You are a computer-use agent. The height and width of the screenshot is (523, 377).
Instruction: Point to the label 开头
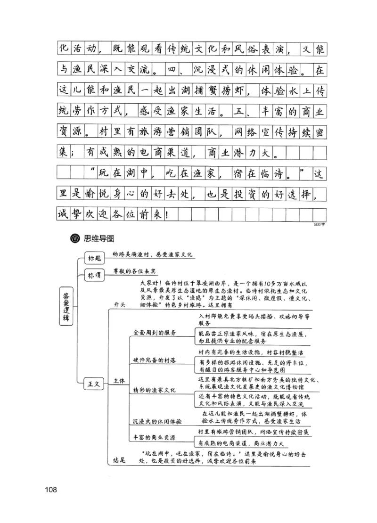(x=120, y=305)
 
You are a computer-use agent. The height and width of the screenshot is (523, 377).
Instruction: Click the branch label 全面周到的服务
(x=155, y=333)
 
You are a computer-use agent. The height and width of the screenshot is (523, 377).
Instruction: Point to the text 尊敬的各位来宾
(x=134, y=272)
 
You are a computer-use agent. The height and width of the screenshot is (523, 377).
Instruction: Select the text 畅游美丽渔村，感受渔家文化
(x=153, y=254)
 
